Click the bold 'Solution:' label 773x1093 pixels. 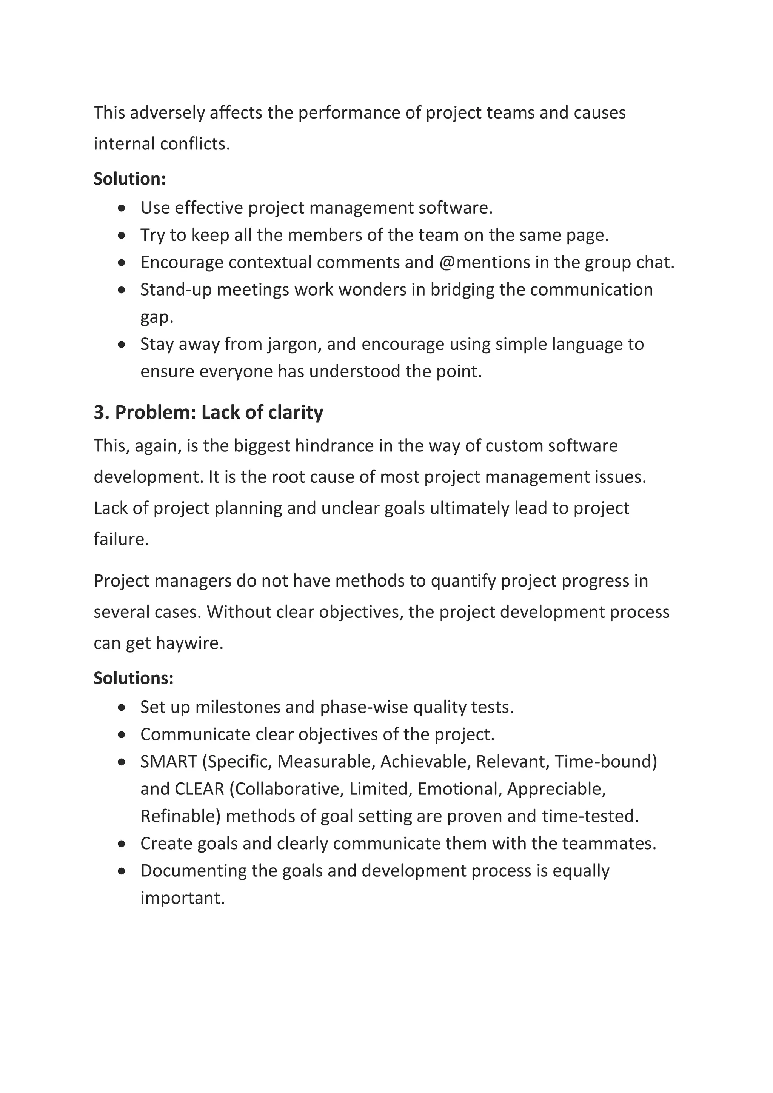click(x=129, y=179)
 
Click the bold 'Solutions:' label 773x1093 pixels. click(x=133, y=678)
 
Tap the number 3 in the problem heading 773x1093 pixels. click(x=99, y=412)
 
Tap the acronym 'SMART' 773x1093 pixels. click(x=168, y=762)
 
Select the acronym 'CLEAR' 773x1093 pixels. click(x=199, y=789)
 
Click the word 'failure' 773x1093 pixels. click(x=120, y=539)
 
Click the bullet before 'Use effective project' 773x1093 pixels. click(x=122, y=208)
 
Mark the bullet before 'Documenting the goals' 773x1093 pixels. click(x=122, y=871)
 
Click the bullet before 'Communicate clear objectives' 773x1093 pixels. click(x=122, y=735)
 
